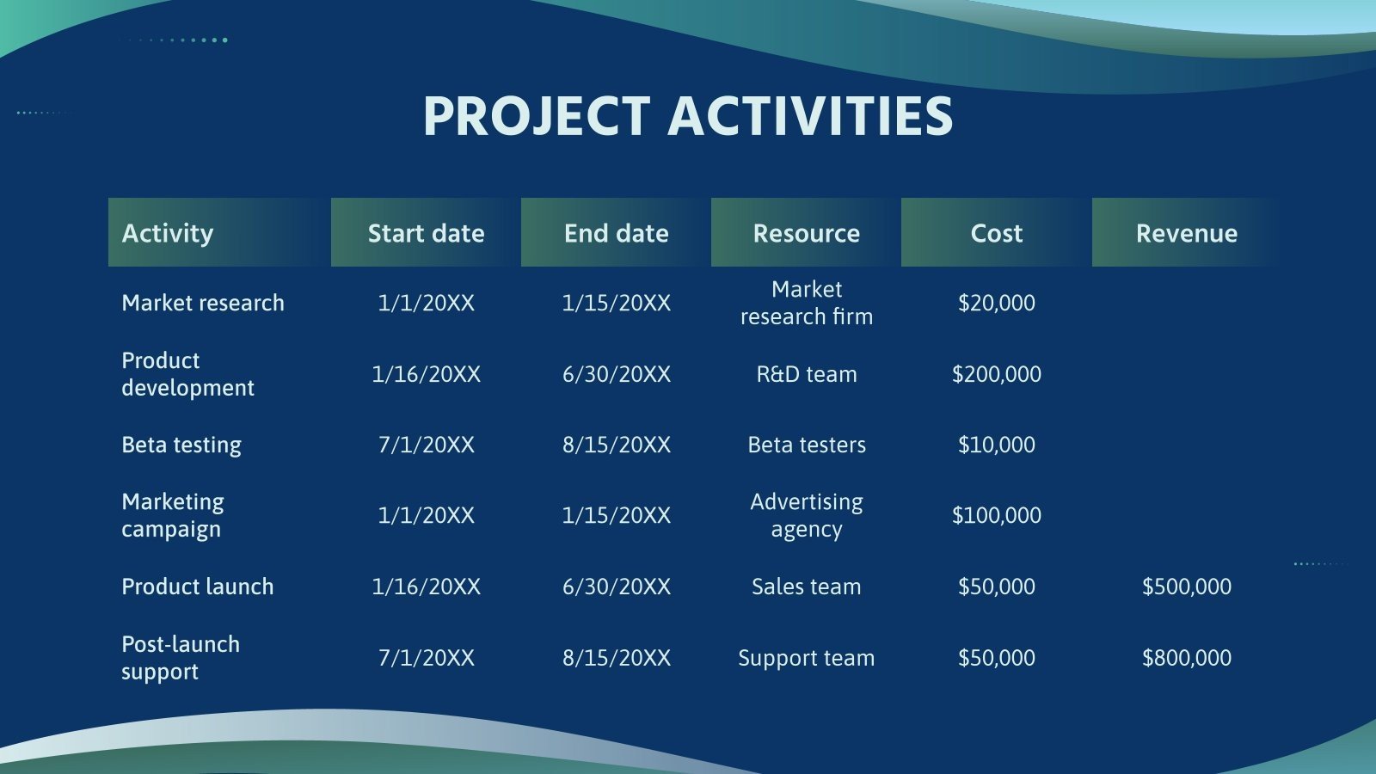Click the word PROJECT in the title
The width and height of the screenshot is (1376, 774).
[x=536, y=116]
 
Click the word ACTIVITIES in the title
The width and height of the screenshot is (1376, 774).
[x=810, y=116]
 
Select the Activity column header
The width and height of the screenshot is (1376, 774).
[x=168, y=233]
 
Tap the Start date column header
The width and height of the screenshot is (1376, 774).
[x=426, y=233]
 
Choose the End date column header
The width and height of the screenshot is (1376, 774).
[x=616, y=233]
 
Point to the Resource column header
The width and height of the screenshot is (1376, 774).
[x=806, y=233]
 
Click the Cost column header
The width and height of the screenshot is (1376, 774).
[x=996, y=233]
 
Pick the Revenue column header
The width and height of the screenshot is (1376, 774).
[x=1186, y=233]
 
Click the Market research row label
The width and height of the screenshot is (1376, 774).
[x=203, y=303]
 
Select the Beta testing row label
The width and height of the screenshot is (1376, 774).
[x=181, y=445]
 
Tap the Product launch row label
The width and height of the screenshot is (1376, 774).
[x=198, y=587]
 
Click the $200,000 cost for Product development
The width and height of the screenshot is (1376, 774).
[x=996, y=374]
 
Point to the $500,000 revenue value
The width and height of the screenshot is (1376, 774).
[x=1186, y=587]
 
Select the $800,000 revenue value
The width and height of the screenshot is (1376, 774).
[x=1186, y=658]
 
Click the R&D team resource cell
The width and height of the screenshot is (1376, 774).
[x=806, y=374]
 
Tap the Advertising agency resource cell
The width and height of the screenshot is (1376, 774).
[x=806, y=515]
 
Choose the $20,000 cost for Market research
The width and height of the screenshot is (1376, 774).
[x=996, y=303]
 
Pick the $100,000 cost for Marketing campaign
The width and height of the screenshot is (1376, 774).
[x=996, y=515]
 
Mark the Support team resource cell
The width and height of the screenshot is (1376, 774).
[x=806, y=658]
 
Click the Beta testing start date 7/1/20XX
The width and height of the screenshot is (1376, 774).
[x=426, y=445]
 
